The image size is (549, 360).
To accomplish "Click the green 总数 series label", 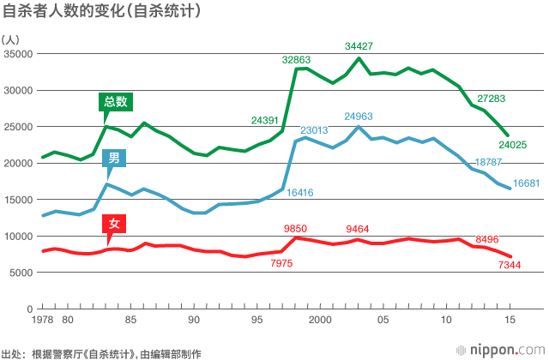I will [116, 101].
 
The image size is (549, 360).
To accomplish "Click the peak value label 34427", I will [359, 45].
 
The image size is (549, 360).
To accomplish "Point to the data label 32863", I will [297, 59].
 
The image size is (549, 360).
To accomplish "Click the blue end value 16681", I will [526, 183].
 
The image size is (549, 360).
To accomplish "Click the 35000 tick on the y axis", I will [17, 54].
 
